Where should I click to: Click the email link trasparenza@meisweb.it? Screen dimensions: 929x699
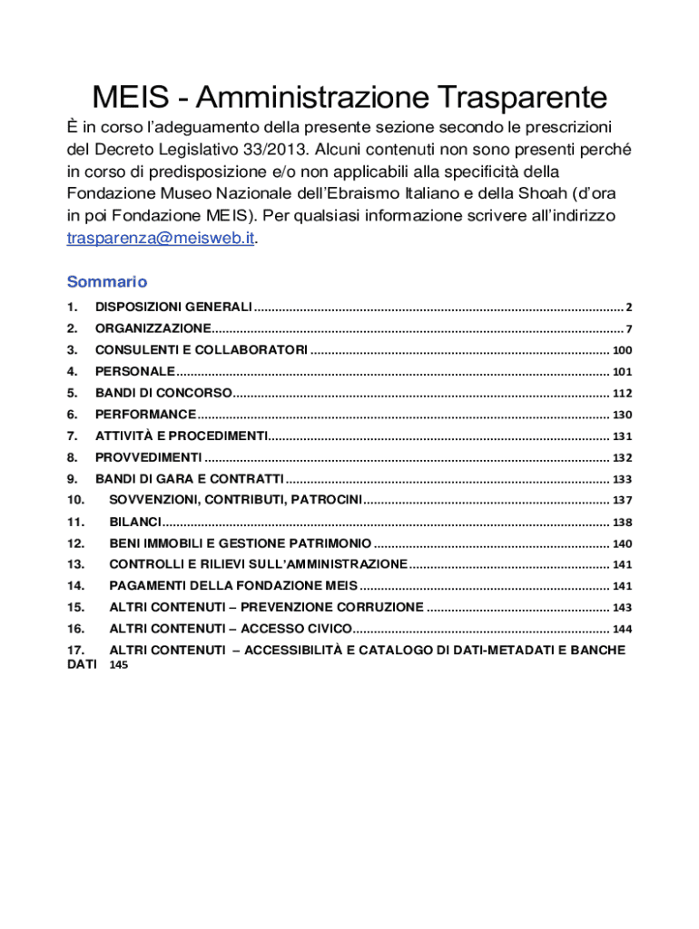point(161,239)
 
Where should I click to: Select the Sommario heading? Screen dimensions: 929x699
point(107,281)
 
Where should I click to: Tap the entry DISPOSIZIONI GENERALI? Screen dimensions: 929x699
point(173,308)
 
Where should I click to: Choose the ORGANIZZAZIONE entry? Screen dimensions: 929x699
point(153,328)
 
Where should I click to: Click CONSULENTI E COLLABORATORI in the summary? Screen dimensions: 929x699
point(201,350)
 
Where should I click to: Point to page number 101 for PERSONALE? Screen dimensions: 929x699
point(622,372)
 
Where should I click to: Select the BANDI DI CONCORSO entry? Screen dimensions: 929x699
point(163,393)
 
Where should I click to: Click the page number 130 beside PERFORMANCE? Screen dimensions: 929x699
point(622,415)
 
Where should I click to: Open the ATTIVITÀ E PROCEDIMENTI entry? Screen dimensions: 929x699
point(182,435)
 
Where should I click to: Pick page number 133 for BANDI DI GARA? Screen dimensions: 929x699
point(622,479)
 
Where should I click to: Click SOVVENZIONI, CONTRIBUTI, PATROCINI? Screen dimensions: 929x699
point(236,500)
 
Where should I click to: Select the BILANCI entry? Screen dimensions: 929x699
point(135,522)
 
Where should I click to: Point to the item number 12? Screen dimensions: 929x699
point(75,543)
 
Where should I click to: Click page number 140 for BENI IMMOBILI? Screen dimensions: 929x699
point(622,544)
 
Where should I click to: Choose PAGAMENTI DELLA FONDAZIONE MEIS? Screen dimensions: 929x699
point(233,586)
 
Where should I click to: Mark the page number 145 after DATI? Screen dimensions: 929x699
point(120,665)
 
